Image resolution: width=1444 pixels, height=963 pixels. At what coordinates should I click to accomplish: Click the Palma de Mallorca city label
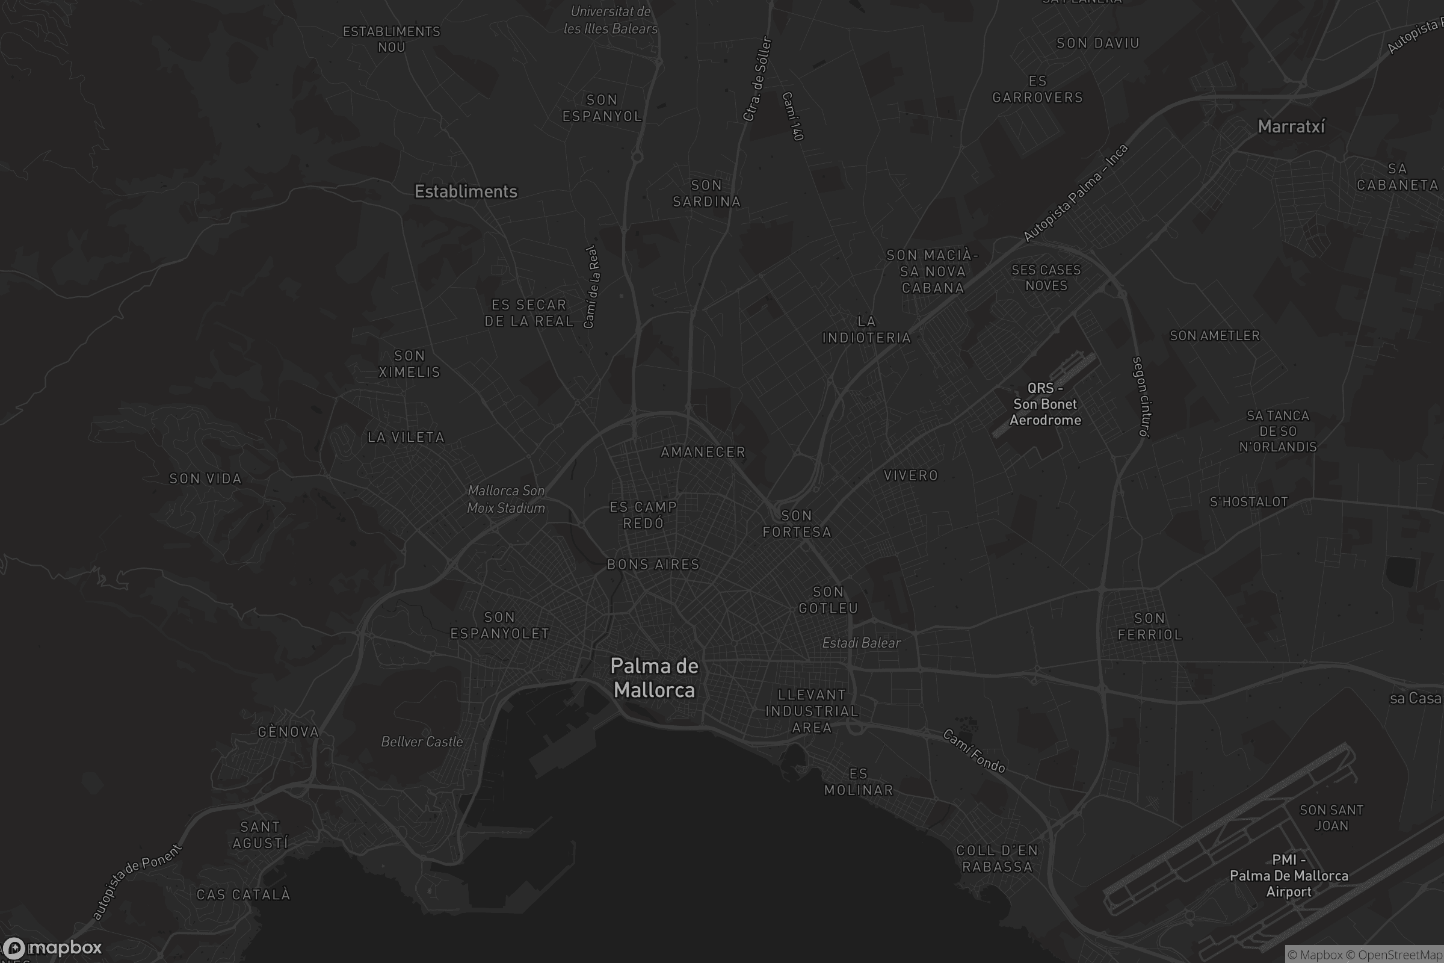[655, 678]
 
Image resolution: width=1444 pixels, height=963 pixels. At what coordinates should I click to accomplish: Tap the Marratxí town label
[1291, 126]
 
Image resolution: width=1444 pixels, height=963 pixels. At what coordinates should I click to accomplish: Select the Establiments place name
[466, 191]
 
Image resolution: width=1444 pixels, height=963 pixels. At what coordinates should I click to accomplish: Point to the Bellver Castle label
[422, 742]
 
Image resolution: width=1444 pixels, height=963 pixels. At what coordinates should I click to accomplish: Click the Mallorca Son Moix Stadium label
[506, 500]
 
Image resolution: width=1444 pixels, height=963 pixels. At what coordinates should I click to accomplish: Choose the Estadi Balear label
[862, 643]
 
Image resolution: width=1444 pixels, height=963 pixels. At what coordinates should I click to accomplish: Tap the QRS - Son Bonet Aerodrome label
[1045, 404]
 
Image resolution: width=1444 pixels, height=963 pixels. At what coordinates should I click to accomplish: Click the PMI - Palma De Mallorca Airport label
[1289, 876]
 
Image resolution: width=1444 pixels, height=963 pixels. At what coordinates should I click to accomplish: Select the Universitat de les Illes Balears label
[610, 20]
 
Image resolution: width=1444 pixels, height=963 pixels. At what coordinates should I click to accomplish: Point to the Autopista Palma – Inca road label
[1075, 192]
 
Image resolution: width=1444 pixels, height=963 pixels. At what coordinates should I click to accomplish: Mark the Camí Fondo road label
[973, 751]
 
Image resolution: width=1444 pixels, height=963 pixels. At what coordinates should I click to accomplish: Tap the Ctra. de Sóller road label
[757, 79]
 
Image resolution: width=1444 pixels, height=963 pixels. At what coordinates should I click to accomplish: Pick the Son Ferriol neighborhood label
[1149, 627]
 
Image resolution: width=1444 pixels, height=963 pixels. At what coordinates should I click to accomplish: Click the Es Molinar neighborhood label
[859, 782]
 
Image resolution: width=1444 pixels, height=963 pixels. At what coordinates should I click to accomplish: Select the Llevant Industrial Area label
[812, 711]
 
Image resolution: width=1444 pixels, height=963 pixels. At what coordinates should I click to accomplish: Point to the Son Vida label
[206, 478]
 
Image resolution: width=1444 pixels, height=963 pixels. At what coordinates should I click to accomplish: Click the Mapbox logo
[52, 947]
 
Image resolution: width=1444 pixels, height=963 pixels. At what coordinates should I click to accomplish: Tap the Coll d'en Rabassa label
[997, 859]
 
